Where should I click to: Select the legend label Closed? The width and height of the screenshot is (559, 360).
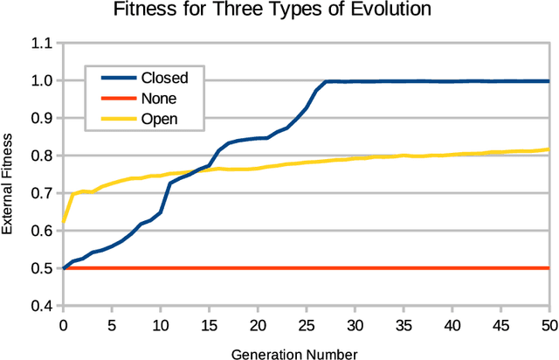click(164, 78)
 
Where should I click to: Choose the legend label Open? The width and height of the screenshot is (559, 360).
click(160, 118)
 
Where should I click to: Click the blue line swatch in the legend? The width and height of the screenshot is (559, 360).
click(112, 78)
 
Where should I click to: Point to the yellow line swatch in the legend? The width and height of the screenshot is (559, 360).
click(112, 118)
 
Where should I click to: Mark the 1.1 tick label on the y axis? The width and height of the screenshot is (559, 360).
click(43, 43)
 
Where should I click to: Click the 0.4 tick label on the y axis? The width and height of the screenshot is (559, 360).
click(43, 306)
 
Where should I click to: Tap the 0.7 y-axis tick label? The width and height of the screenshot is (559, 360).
click(43, 193)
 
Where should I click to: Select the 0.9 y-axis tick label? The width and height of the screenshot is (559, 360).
click(43, 118)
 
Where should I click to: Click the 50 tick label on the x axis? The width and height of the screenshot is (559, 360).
click(549, 324)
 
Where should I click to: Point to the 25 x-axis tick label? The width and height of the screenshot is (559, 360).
click(306, 324)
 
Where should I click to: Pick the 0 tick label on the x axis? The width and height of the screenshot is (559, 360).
click(63, 324)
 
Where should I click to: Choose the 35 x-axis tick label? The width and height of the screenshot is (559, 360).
click(403, 324)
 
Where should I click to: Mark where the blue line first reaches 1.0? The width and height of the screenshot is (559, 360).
click(325, 81)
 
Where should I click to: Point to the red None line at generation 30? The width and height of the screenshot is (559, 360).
click(355, 268)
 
